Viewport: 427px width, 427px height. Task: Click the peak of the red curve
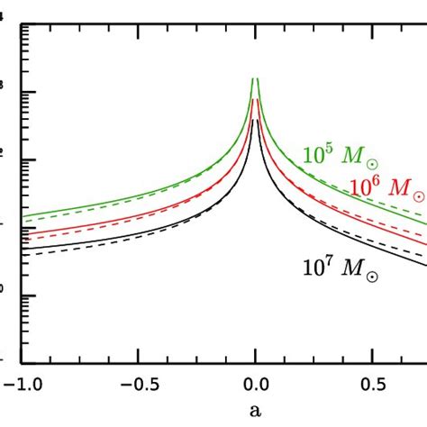pos(256,99)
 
